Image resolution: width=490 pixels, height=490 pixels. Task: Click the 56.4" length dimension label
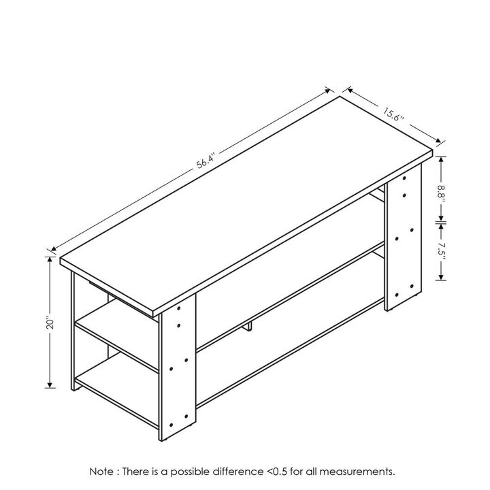(206, 161)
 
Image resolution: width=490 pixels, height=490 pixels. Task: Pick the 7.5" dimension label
(441, 249)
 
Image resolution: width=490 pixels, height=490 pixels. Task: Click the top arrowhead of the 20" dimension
(50, 260)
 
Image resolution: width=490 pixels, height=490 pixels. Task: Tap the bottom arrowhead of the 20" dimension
(50, 385)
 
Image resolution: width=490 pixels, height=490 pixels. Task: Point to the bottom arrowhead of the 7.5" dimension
(441, 277)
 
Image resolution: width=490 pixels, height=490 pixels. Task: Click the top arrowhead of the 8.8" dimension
(441, 159)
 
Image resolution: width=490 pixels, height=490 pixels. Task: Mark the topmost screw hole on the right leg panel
(404, 178)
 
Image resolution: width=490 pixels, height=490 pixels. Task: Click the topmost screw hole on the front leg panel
(179, 308)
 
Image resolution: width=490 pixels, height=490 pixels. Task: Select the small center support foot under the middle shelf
(249, 326)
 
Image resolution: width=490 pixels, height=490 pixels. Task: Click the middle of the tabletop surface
(246, 205)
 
